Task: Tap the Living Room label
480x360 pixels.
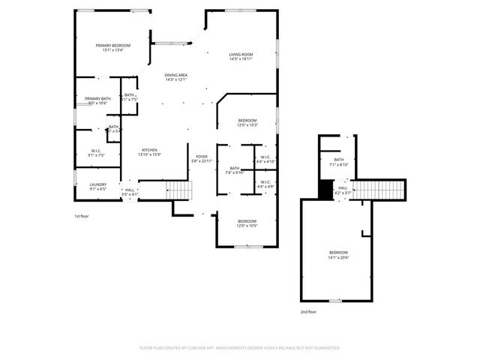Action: pyautogui.click(x=241, y=55)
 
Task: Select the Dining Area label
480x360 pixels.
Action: pyautogui.click(x=176, y=75)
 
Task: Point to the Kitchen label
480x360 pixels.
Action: pyautogui.click(x=150, y=150)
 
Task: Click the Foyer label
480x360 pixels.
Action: pyautogui.click(x=202, y=156)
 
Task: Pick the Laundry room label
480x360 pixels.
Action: pyautogui.click(x=97, y=184)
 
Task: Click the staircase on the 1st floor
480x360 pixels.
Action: pyautogui.click(x=178, y=190)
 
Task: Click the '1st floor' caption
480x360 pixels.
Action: pyautogui.click(x=82, y=216)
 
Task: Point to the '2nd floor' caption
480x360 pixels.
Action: pyautogui.click(x=308, y=310)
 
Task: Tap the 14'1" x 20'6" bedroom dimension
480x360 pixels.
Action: pyautogui.click(x=338, y=257)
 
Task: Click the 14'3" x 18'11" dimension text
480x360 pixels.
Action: pyautogui.click(x=241, y=59)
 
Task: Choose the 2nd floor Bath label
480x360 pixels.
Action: pyautogui.click(x=339, y=160)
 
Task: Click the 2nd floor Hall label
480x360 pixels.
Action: pyautogui.click(x=342, y=188)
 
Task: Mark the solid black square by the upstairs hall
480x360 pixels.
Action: pyautogui.click(x=325, y=190)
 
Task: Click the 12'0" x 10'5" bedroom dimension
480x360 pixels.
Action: pyautogui.click(x=247, y=226)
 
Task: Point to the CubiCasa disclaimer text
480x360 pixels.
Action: pyautogui.click(x=240, y=348)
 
